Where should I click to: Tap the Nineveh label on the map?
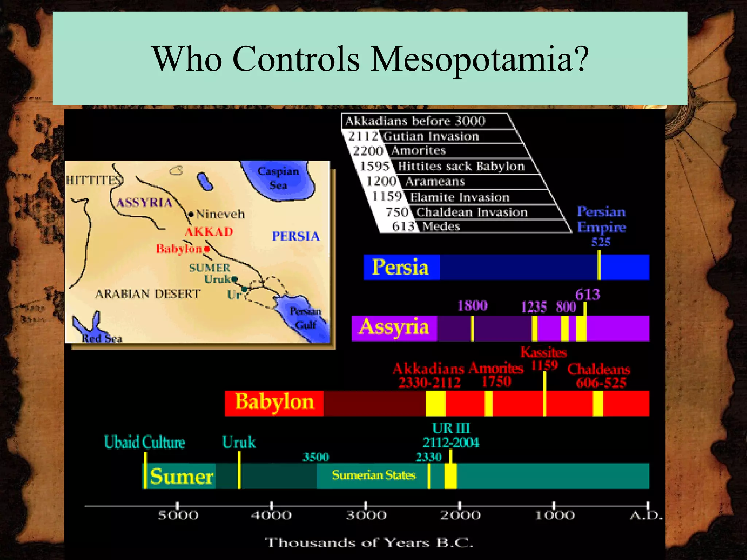pos(220,214)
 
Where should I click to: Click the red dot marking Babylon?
pos(207,249)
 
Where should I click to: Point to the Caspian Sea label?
pos(278,178)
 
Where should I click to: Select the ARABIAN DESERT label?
pos(148,294)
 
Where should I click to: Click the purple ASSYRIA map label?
pos(144,203)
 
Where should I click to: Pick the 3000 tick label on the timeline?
pos(366,515)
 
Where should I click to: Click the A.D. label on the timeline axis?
pos(646,516)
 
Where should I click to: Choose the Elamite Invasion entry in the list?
pos(460,197)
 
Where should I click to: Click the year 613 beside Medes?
pos(403,226)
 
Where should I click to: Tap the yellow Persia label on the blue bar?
pos(400,267)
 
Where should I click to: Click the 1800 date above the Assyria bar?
pos(472,306)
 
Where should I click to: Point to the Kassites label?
pos(543,352)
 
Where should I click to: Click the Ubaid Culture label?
pos(144,442)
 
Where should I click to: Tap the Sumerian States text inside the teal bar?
pos(373,475)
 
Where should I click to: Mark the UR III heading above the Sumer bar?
pos(451,428)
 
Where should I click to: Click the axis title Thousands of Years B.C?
pos(369,542)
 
